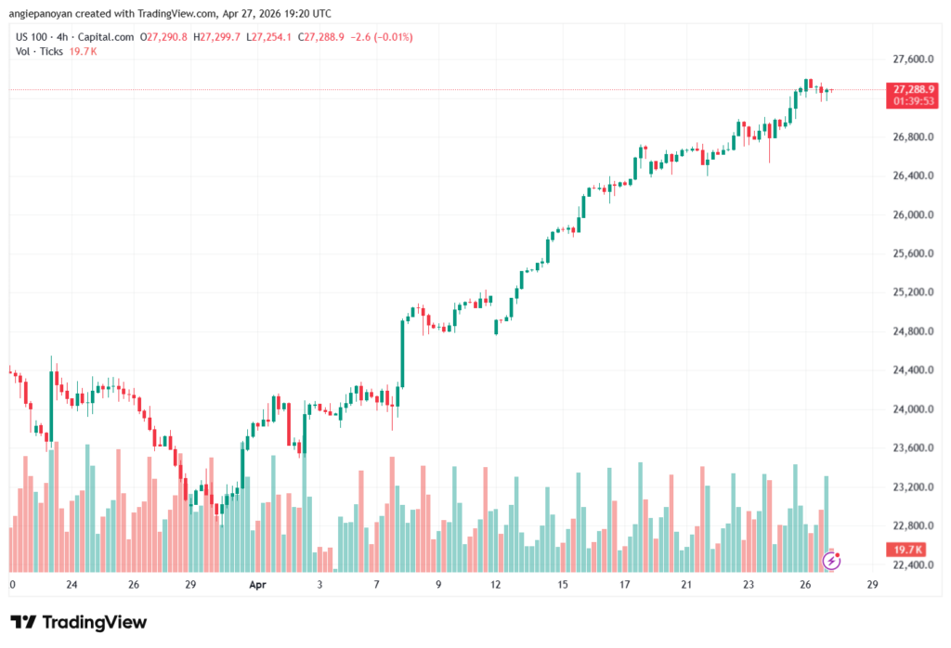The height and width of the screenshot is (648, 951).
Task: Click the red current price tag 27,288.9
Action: pyautogui.click(x=912, y=89)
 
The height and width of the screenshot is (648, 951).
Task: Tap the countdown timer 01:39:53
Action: pyautogui.click(x=912, y=100)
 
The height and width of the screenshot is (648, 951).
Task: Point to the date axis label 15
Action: pyautogui.click(x=563, y=586)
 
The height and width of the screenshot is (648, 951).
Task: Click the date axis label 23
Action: pyautogui.click(x=749, y=586)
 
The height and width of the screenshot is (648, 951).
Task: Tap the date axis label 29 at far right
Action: pyautogui.click(x=872, y=586)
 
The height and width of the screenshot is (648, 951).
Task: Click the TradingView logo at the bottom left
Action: pyautogui.click(x=78, y=622)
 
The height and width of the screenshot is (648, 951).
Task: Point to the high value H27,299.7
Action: pyautogui.click(x=216, y=37)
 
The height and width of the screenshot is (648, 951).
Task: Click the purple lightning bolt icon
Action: pyautogui.click(x=832, y=560)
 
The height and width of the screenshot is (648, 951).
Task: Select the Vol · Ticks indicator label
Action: pyautogui.click(x=39, y=51)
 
